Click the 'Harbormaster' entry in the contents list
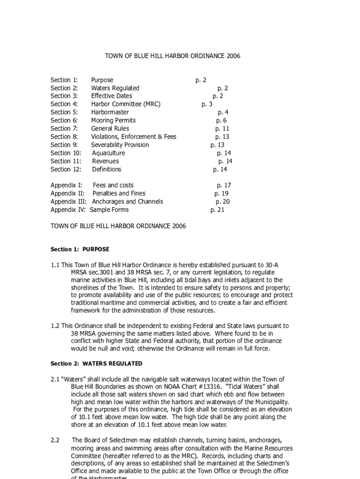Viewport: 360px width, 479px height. (110, 112)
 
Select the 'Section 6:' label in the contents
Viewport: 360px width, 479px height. (64, 120)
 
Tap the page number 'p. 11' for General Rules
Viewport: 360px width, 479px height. (222, 129)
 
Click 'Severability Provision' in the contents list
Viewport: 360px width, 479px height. (120, 145)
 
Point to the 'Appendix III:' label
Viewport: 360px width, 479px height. (68, 202)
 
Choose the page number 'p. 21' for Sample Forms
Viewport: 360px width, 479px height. (217, 210)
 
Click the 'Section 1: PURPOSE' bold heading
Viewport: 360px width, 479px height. (80, 249)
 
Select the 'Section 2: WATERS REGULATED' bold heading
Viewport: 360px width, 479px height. (96, 363)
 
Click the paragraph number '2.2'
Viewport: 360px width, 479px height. (55, 440)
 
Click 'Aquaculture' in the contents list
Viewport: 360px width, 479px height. (108, 153)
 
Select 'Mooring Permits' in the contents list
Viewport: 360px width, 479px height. (113, 120)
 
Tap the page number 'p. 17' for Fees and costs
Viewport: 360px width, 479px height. (223, 185)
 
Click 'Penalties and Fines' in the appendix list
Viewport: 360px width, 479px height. (119, 194)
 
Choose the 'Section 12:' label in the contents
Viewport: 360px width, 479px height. (66, 169)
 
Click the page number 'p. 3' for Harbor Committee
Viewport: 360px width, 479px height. (207, 104)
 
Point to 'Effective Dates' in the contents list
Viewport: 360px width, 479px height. (112, 96)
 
